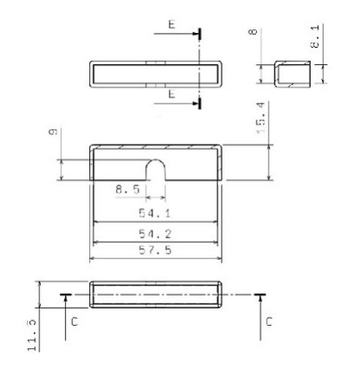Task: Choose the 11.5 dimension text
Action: tap(30, 333)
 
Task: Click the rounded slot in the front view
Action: tap(155, 170)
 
